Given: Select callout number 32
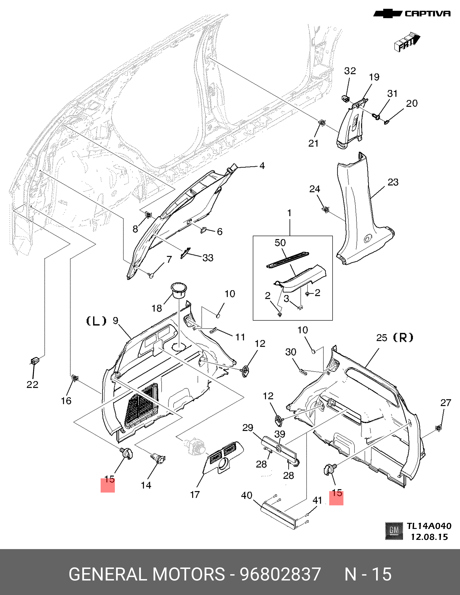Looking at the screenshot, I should pyautogui.click(x=350, y=71).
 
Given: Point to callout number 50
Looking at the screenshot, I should pyautogui.click(x=280, y=243).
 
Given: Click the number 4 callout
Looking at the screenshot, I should pyautogui.click(x=262, y=166).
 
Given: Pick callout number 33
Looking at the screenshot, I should pyautogui.click(x=208, y=258).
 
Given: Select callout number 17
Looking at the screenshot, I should pyautogui.click(x=195, y=494).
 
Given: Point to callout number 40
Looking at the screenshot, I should pyautogui.click(x=247, y=495).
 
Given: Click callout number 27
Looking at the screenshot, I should pyautogui.click(x=446, y=402).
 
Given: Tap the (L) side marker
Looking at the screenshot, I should pyautogui.click(x=96, y=321).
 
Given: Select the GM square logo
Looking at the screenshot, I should pyautogui.click(x=394, y=531).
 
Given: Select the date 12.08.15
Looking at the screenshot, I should pyautogui.click(x=429, y=537).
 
